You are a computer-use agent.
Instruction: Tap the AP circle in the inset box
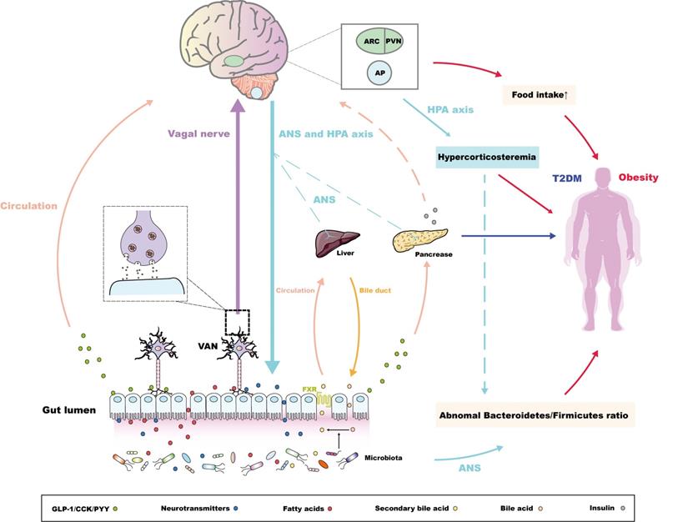(x=379, y=73)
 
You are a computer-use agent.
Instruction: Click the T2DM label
(x=568, y=178)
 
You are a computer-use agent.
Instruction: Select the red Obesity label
(x=638, y=177)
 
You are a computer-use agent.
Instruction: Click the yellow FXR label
(x=310, y=389)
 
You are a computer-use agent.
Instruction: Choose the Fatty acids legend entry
(x=310, y=505)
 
